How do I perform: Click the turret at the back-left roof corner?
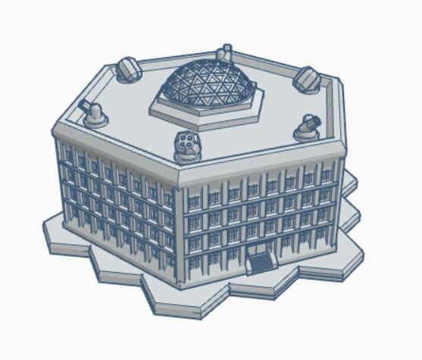point(129,70)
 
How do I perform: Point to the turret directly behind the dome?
point(224,54)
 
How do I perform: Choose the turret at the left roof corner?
point(96,114)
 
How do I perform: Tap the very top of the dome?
point(206,62)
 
